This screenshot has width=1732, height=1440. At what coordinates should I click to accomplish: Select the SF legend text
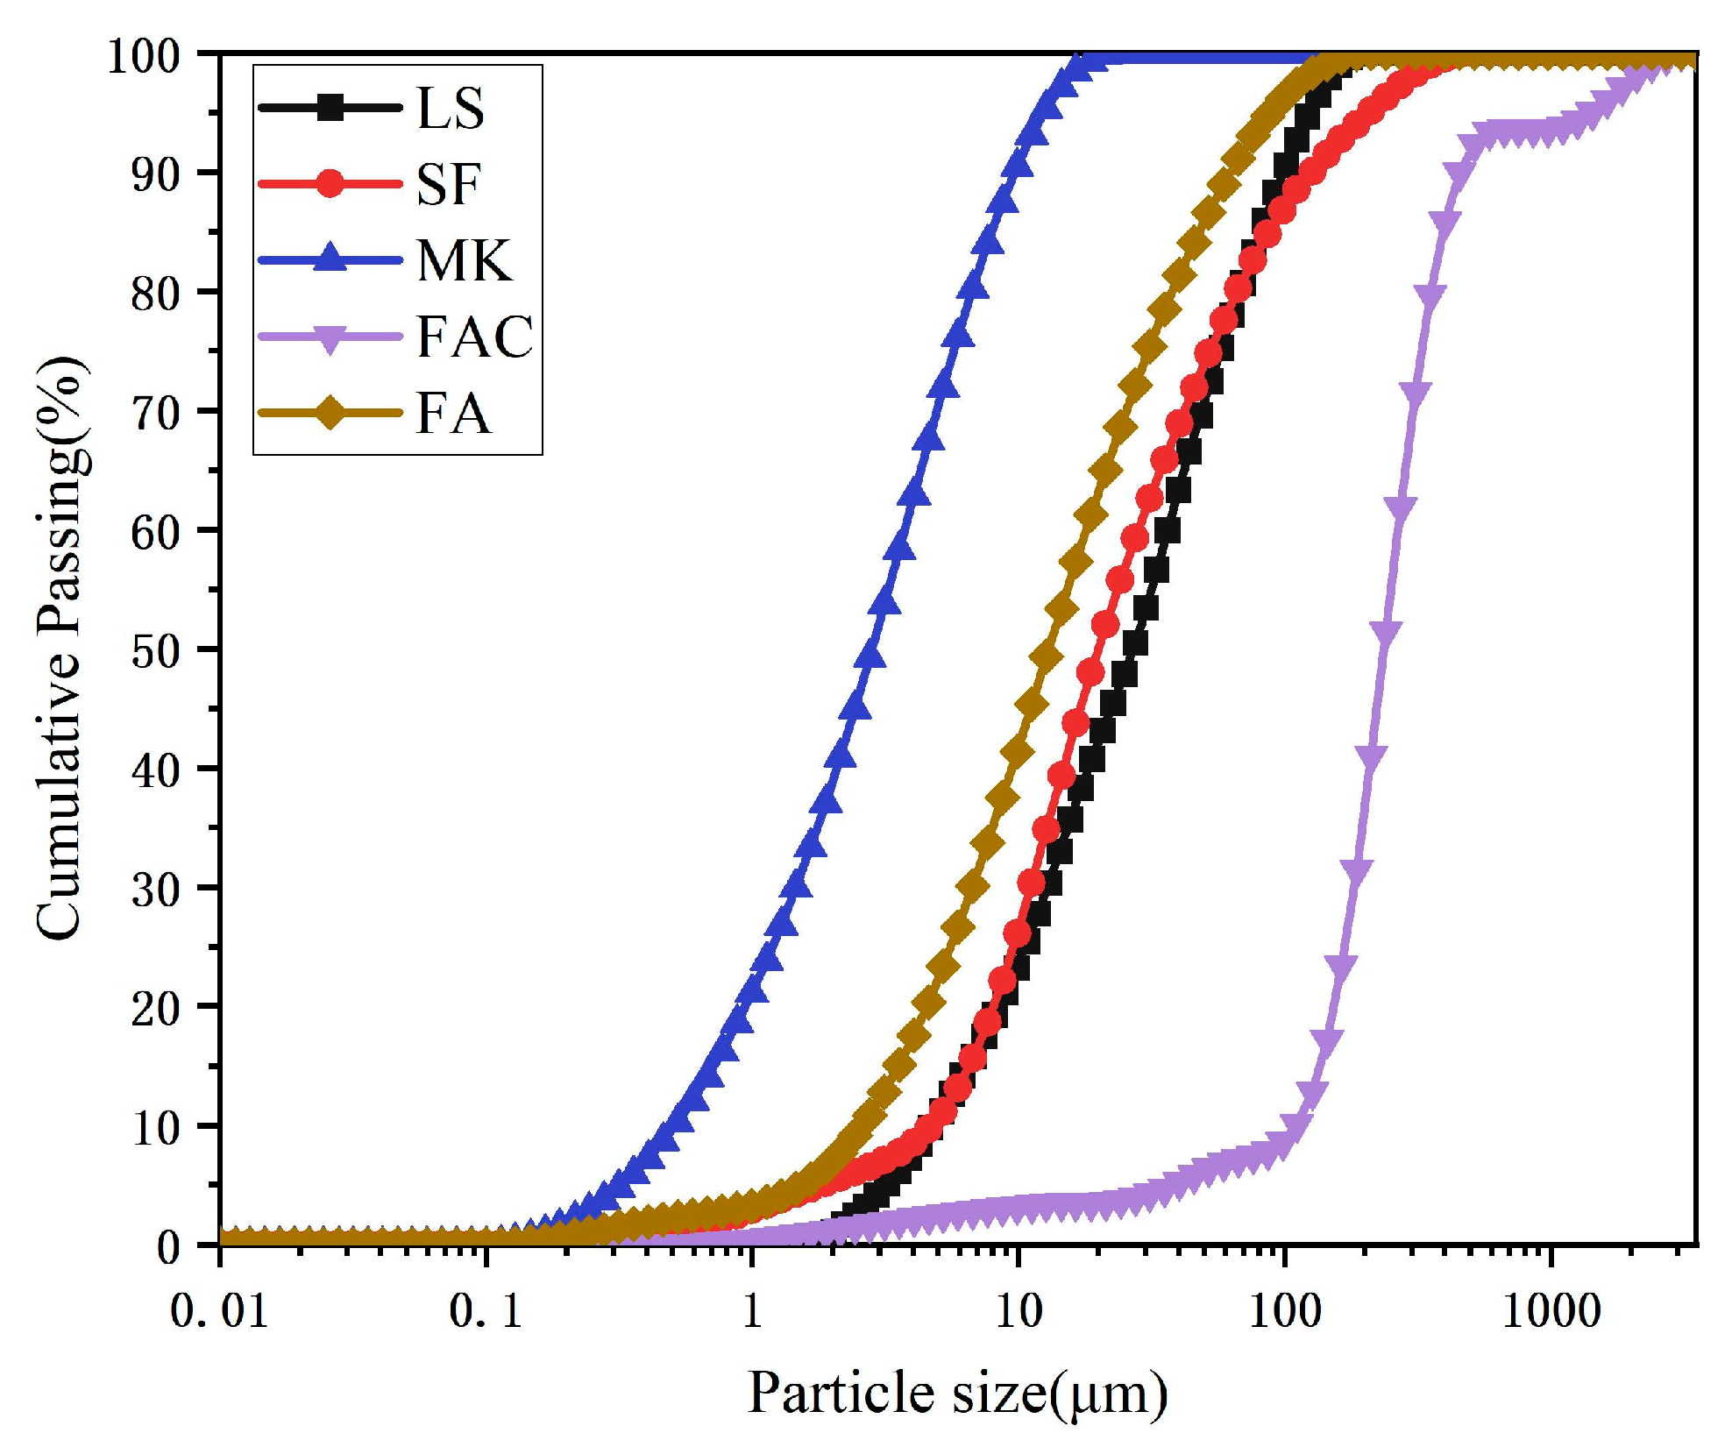(448, 185)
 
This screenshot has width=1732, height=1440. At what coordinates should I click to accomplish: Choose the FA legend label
(453, 414)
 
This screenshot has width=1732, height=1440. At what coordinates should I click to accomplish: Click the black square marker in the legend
(330, 108)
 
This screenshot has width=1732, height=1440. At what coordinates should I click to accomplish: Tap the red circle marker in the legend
(330, 184)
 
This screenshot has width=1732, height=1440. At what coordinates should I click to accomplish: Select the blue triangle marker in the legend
(330, 259)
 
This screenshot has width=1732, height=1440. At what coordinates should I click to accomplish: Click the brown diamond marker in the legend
(330, 413)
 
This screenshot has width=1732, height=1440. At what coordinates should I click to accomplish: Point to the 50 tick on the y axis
(155, 651)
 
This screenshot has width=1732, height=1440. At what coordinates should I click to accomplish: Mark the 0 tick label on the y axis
(168, 1246)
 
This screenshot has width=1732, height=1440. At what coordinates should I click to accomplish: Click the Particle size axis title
(957, 1394)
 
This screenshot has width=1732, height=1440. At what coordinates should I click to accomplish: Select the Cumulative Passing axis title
(61, 649)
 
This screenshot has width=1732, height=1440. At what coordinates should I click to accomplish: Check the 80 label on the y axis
(155, 294)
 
